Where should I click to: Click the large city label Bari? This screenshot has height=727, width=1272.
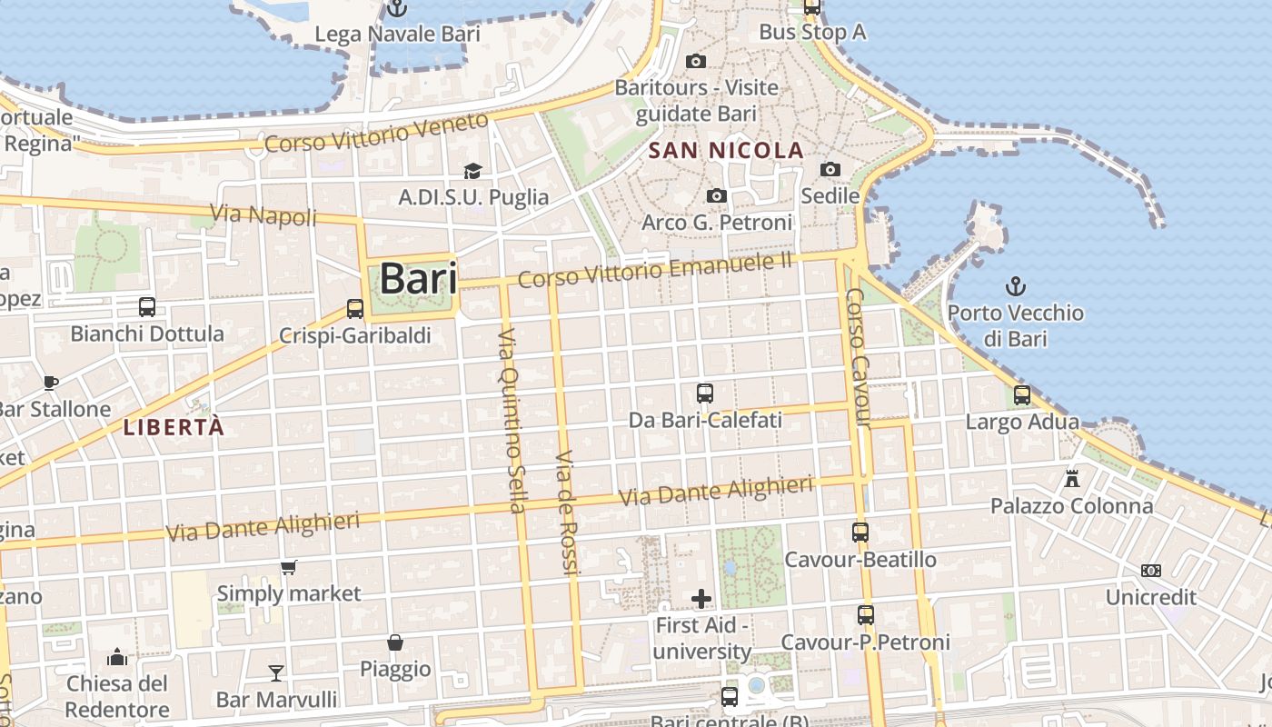click(418, 278)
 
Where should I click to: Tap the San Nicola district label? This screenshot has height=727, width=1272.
click(727, 151)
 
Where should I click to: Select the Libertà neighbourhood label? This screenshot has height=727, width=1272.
click(174, 427)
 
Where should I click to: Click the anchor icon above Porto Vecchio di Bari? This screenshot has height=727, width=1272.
click(1015, 287)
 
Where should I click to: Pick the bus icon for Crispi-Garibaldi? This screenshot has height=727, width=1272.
click(355, 309)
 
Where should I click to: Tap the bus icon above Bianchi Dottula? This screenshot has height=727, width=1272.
click(147, 307)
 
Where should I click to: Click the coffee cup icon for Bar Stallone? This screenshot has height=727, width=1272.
click(51, 383)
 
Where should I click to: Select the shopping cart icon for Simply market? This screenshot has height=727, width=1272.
click(289, 568)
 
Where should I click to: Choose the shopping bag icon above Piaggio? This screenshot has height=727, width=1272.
click(395, 642)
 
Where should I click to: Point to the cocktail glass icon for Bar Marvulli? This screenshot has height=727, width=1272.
click(276, 672)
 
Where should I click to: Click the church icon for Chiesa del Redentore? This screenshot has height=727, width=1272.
click(117, 657)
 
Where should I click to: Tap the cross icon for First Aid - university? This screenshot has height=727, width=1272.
click(701, 598)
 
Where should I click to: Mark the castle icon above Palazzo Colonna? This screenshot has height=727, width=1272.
click(1072, 478)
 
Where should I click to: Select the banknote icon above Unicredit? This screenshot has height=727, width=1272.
click(1151, 571)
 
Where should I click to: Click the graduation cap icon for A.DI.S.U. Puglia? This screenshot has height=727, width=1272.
click(472, 171)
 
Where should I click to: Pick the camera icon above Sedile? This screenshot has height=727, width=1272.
click(830, 169)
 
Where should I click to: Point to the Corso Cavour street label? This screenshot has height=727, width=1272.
click(859, 358)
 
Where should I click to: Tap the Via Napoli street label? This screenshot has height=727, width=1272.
click(263, 216)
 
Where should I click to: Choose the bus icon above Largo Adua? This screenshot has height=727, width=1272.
click(1022, 395)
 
